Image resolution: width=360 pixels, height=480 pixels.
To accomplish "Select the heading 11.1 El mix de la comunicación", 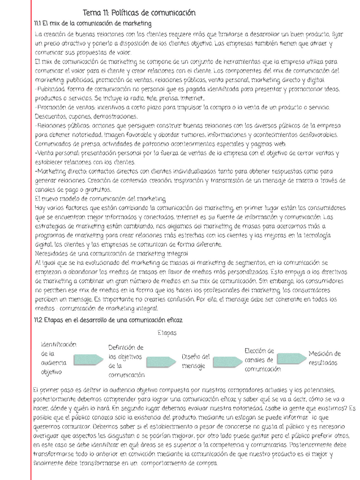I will tap(93, 23).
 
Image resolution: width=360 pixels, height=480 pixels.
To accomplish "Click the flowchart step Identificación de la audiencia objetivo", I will tap(58, 358).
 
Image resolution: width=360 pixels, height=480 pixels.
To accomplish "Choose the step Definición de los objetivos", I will tap(126, 361).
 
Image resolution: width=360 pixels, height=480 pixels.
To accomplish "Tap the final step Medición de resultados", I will tap(324, 358).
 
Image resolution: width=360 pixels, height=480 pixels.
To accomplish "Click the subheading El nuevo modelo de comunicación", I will tap(100, 199).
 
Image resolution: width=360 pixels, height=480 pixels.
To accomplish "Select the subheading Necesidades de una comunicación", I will tap(111, 254).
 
